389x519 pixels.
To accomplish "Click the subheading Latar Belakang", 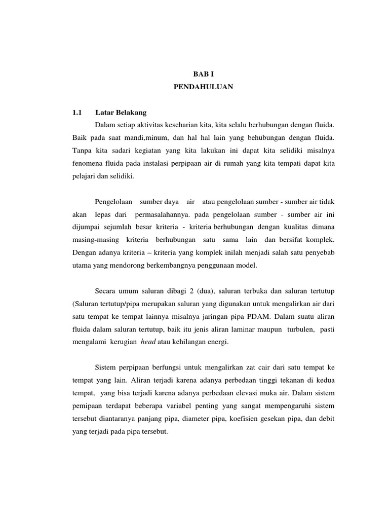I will pos(120,113).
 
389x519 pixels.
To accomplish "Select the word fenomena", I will pos(88,164).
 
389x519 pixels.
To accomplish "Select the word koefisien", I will pos(239,419).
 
